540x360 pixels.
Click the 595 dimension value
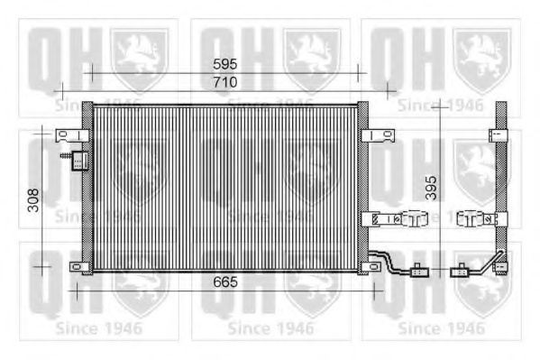click(225, 64)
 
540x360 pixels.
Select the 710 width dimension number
click(225, 81)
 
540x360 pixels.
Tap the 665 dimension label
click(225, 282)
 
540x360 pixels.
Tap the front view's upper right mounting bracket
click(378, 136)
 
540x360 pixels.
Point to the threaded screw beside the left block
click(64, 157)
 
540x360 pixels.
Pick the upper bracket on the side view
click(498, 136)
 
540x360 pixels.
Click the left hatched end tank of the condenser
click(87, 189)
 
